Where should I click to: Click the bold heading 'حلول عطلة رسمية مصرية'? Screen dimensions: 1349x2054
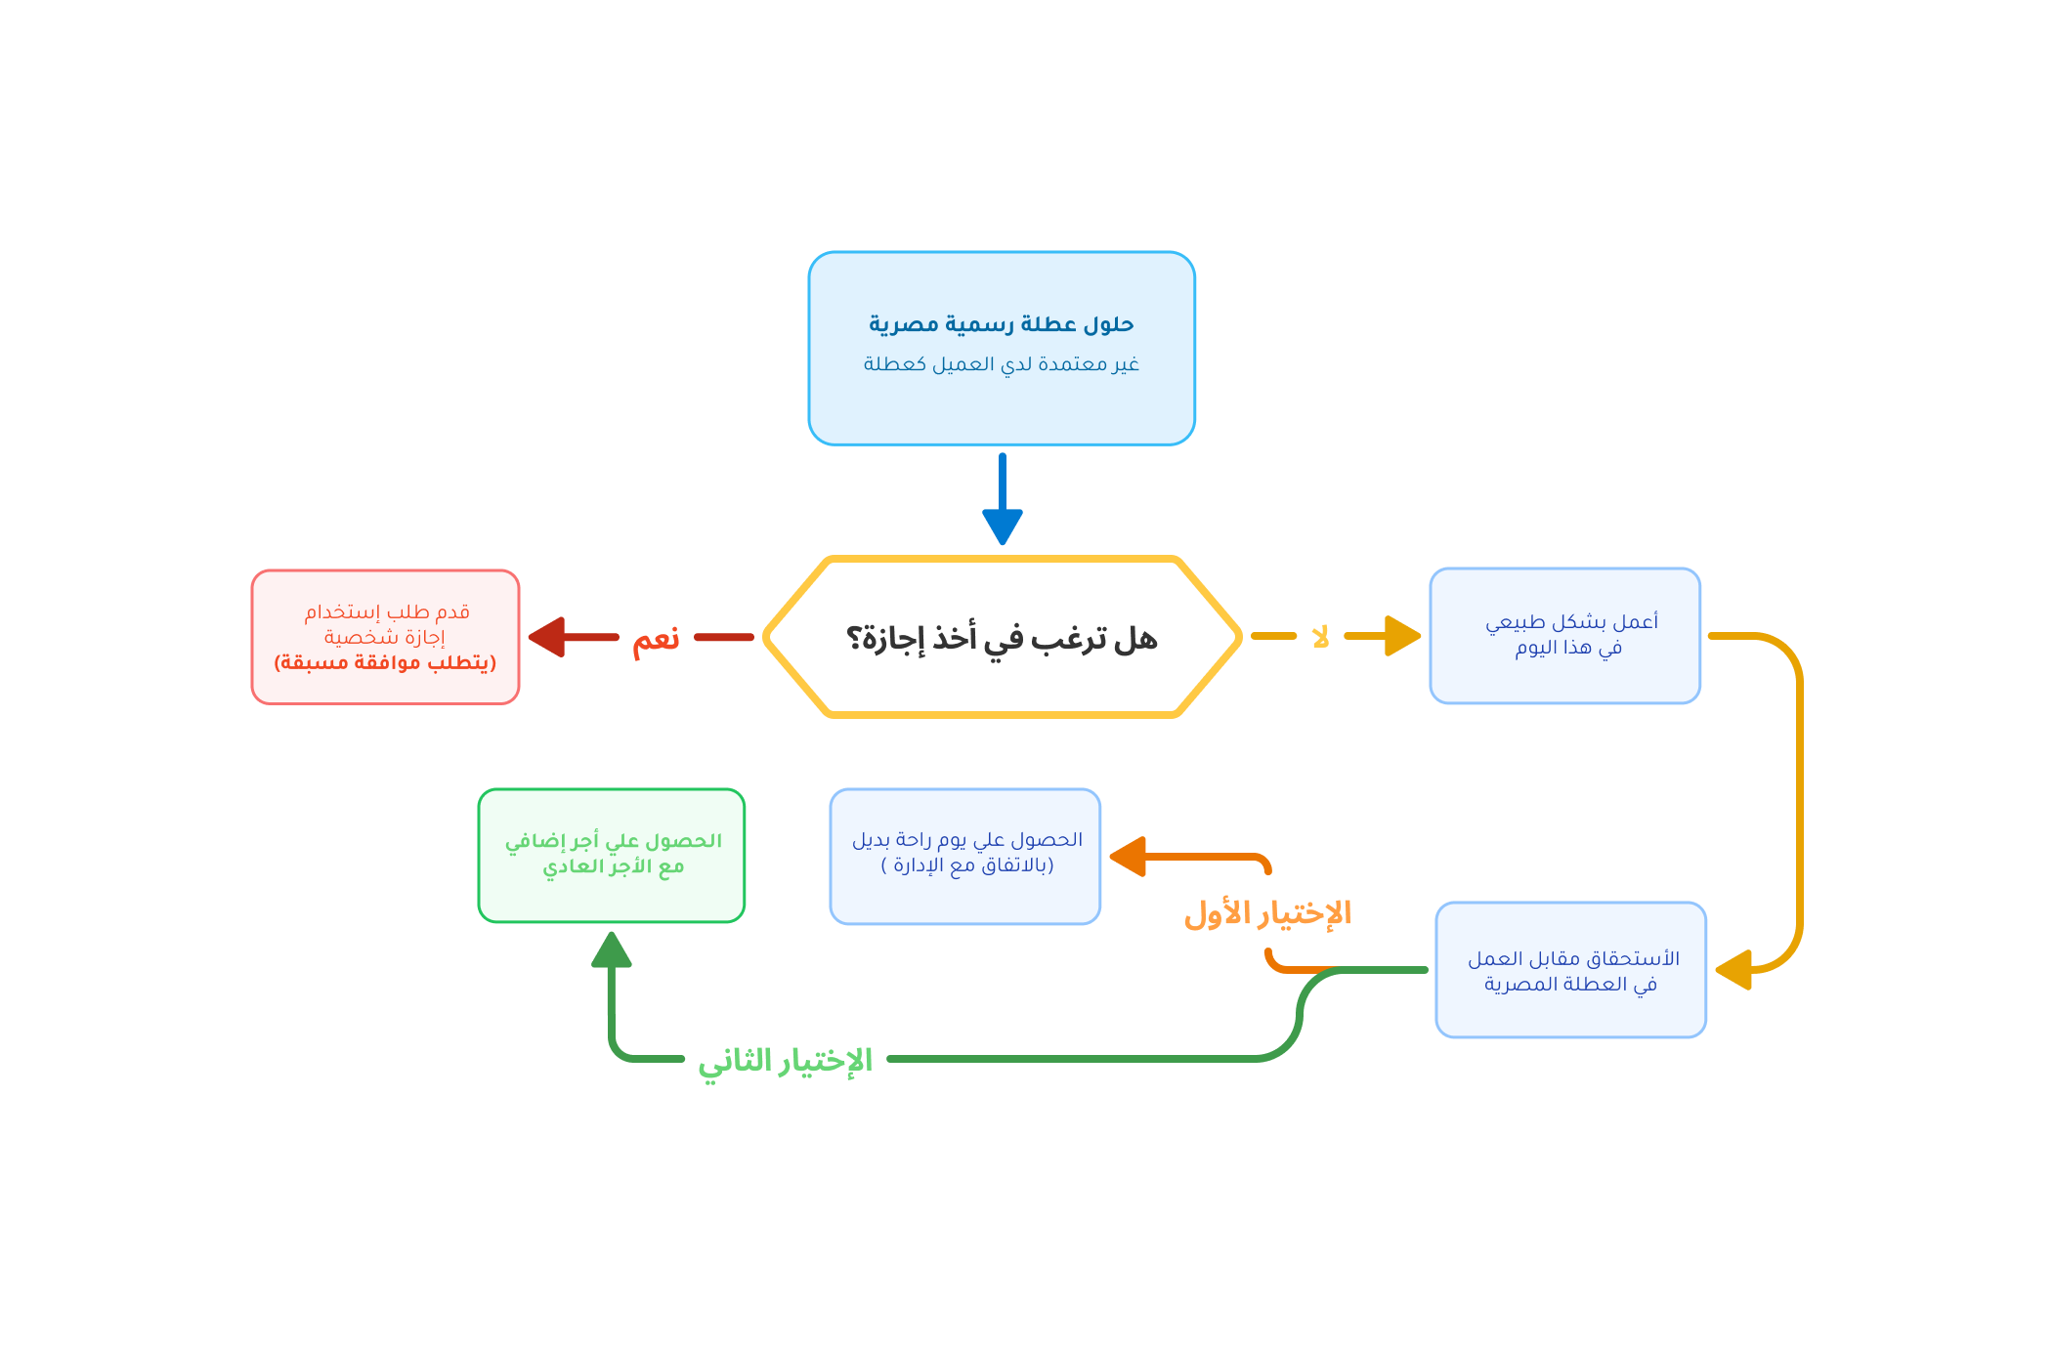[x=1001, y=323]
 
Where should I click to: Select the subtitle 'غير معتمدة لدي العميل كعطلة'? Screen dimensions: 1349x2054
[x=1001, y=364]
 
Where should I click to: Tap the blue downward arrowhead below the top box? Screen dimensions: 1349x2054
[x=1002, y=527]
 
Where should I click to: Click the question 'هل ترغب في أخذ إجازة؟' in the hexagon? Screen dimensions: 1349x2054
[x=1001, y=638]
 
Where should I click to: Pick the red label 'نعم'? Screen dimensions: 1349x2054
[x=656, y=640]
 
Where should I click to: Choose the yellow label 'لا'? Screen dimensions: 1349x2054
[x=1320, y=637]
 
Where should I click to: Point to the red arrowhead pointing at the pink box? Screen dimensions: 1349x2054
[x=546, y=637]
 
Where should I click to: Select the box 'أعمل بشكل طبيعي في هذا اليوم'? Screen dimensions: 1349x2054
[x=1565, y=635]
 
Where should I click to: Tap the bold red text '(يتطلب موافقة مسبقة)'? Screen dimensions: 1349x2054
[x=385, y=662]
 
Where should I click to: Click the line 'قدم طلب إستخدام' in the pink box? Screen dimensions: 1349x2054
[x=387, y=612]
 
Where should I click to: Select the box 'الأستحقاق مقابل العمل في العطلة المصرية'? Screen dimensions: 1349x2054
[x=1570, y=970]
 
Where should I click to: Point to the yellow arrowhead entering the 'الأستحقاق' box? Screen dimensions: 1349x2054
[x=1733, y=971]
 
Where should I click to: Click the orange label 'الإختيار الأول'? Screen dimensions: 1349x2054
[x=1267, y=914]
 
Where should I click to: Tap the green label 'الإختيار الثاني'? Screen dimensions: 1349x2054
[x=785, y=1061]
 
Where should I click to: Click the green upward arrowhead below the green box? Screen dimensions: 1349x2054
[x=612, y=949]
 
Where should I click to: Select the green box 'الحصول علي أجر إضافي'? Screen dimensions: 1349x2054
[x=612, y=855]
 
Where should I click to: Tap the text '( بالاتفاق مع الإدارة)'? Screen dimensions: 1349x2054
[x=966, y=865]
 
